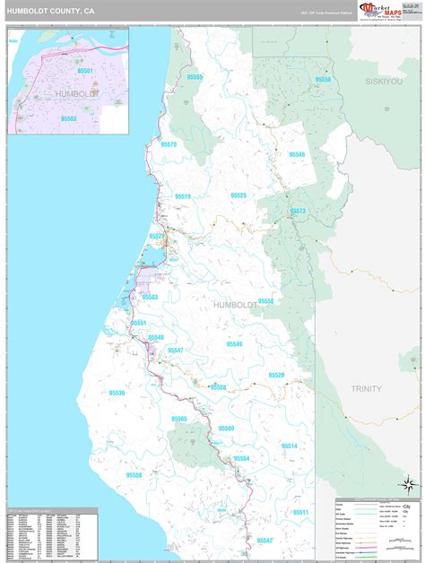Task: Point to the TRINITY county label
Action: tap(366, 388)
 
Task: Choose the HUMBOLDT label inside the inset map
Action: tap(75, 93)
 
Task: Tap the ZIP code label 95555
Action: tap(195, 78)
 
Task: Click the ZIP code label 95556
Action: tap(323, 80)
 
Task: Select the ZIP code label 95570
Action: tap(169, 144)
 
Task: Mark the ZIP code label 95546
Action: tap(297, 154)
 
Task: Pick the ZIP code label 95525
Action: tap(238, 195)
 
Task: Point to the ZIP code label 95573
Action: tap(298, 211)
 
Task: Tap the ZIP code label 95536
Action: tap(117, 393)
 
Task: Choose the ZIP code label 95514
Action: tap(289, 445)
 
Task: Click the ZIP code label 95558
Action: tap(134, 475)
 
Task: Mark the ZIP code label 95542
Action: tap(264, 541)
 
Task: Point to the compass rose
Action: tap(408, 485)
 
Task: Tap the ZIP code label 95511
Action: tap(299, 512)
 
